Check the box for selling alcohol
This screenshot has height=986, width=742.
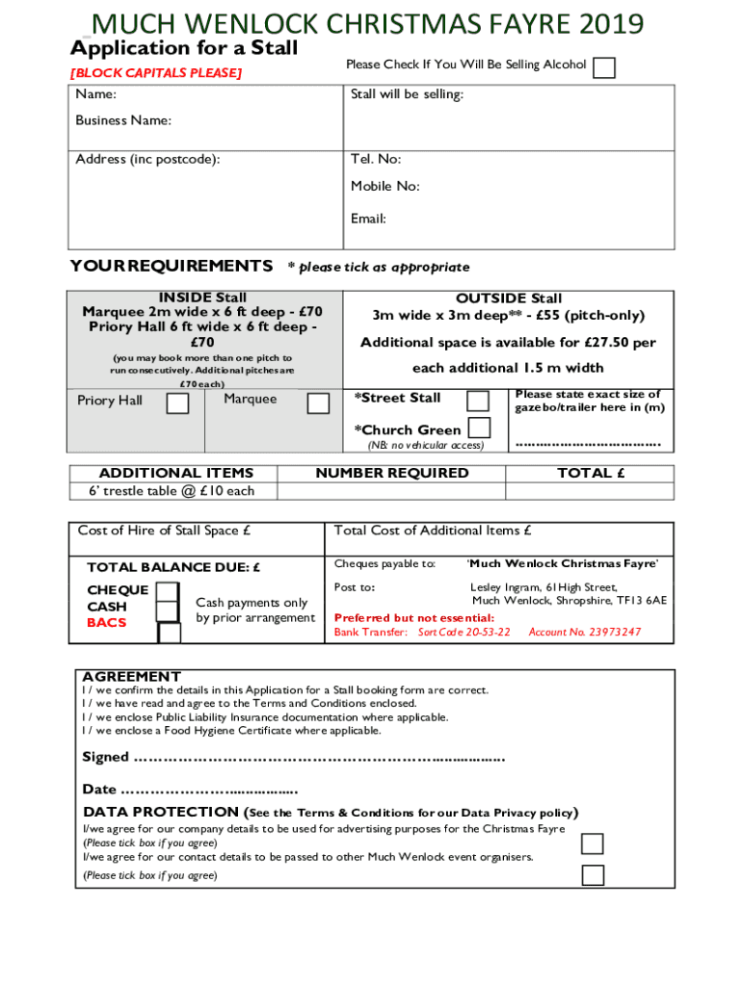point(604,67)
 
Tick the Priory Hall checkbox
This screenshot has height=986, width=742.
point(177,402)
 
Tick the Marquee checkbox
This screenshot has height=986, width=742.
point(317,402)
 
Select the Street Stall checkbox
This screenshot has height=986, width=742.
point(477,400)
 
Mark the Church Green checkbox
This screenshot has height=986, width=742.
point(478,428)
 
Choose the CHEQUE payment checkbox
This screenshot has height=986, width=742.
point(168,590)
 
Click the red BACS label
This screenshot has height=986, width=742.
point(107,623)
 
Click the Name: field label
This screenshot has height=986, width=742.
point(96,94)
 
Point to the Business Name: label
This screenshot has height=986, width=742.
point(123,120)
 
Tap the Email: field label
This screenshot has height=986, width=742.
point(368,219)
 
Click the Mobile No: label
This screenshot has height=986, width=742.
point(384,186)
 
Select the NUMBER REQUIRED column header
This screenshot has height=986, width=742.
point(392,473)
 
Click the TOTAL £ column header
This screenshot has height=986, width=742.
point(592,473)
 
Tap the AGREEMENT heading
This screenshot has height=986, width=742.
point(131,676)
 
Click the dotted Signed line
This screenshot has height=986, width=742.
point(318,758)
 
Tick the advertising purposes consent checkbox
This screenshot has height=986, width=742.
point(593,843)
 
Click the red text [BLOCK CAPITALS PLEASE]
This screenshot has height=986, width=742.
point(155,73)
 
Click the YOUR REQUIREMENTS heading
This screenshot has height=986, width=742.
point(172,266)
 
